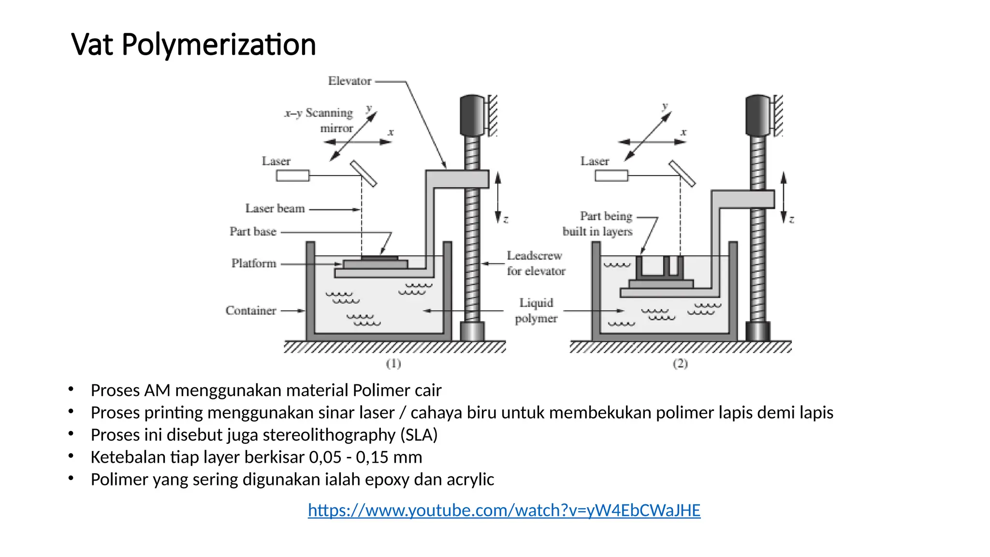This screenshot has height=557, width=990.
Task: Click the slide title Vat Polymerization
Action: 193,44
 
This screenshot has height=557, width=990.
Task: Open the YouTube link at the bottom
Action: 504,510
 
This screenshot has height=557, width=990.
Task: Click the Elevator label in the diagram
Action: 349,81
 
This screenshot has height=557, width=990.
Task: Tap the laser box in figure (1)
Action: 292,176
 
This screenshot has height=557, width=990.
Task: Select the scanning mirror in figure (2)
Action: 682,174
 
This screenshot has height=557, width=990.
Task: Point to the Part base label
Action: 253,232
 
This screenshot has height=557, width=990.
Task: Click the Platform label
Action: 254,264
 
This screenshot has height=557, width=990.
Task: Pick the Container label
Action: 250,310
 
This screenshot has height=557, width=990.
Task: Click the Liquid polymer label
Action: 536,310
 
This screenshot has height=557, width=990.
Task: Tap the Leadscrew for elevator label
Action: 536,263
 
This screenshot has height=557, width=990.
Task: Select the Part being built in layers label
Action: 598,223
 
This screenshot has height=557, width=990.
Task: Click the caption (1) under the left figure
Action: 393,364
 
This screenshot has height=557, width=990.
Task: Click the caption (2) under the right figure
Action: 680,364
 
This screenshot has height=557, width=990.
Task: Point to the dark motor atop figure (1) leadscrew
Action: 472,115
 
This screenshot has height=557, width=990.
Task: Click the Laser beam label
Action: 275,208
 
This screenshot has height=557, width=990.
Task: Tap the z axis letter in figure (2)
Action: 791,220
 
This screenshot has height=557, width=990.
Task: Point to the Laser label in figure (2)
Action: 595,161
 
